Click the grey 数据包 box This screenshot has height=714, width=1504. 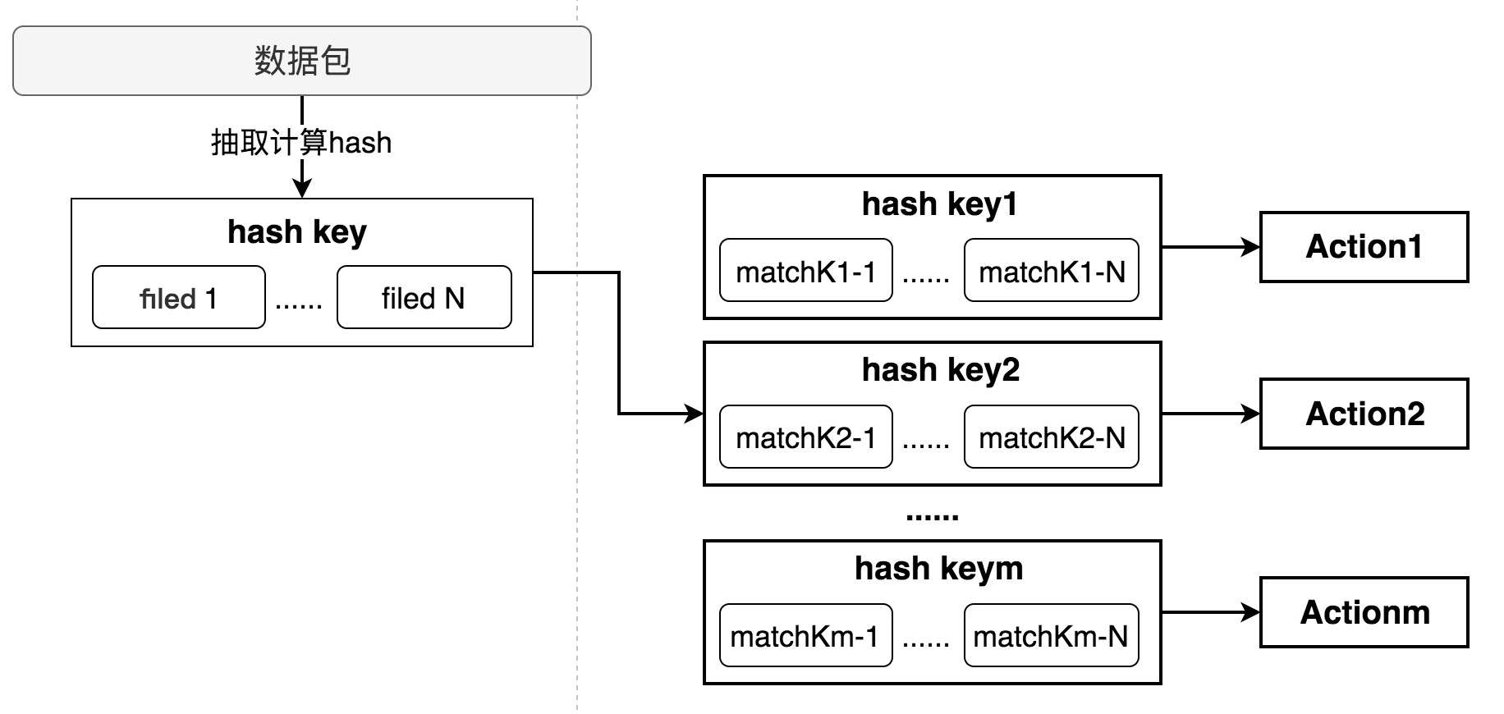pyautogui.click(x=301, y=61)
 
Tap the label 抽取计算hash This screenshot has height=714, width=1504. pyautogui.click(x=301, y=143)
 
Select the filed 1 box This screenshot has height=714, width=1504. pyautogui.click(x=178, y=298)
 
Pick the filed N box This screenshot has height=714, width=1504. pyautogui.click(x=424, y=298)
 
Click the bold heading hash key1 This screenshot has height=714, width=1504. pyautogui.click(x=939, y=204)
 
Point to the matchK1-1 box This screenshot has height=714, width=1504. pyautogui.click(x=805, y=271)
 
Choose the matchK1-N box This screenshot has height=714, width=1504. pyautogui.click(x=1051, y=271)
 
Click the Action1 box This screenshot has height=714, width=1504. pyautogui.click(x=1364, y=247)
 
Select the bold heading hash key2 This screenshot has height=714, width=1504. pyautogui.click(x=940, y=370)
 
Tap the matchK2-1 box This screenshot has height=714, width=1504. pyautogui.click(x=805, y=437)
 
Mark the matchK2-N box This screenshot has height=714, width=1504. pyautogui.click(x=1051, y=437)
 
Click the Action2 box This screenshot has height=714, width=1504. pyautogui.click(x=1364, y=414)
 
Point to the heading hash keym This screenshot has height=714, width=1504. pyautogui.click(x=938, y=568)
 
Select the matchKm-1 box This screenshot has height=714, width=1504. pyautogui.click(x=805, y=636)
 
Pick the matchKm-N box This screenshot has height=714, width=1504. pyautogui.click(x=1051, y=636)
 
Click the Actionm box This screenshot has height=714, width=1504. pyautogui.click(x=1364, y=612)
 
